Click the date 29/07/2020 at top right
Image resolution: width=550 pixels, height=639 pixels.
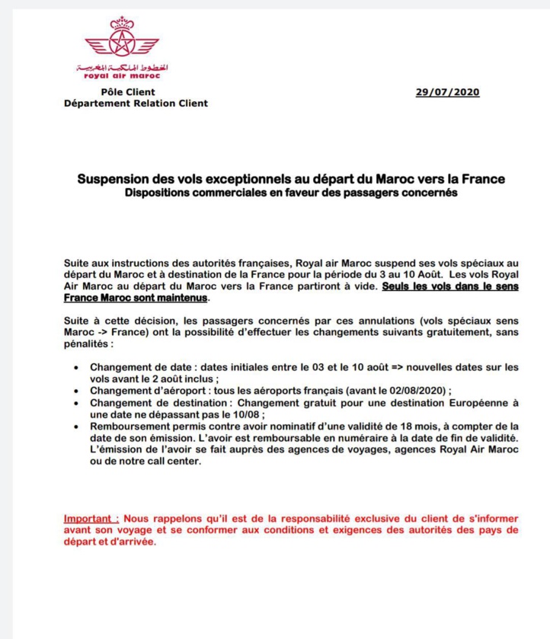(x=447, y=92)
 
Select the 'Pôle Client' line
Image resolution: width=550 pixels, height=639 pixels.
(x=122, y=92)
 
